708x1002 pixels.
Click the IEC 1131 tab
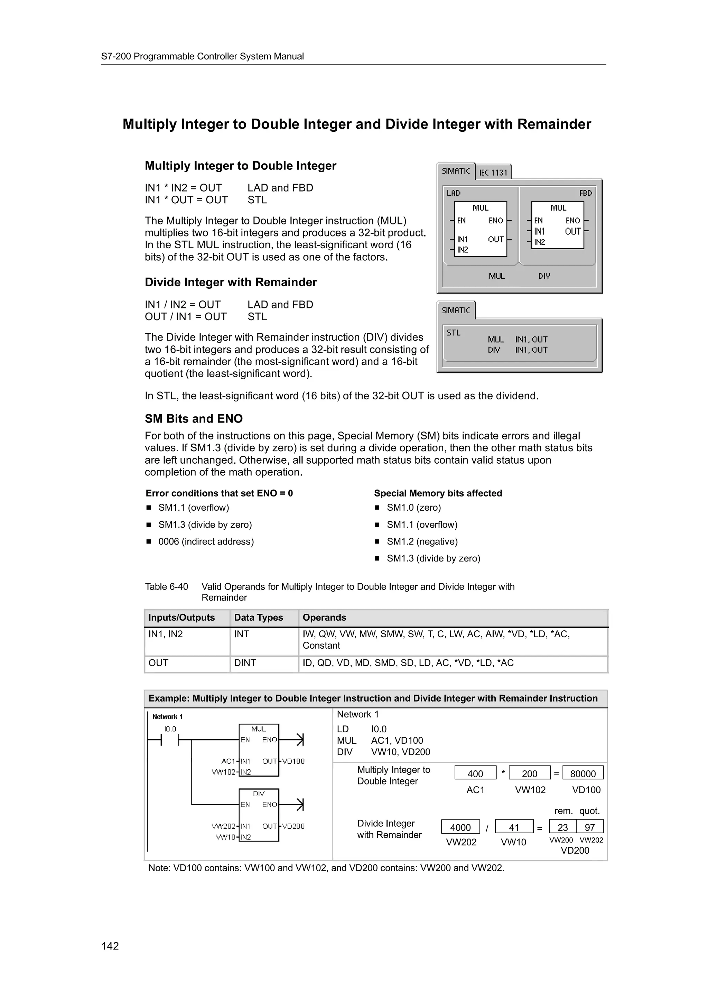pos(493,173)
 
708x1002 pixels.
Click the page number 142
pos(110,946)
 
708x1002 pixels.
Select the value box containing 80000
pos(583,773)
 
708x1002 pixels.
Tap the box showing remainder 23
pos(563,827)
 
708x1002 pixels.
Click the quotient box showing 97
pos(590,827)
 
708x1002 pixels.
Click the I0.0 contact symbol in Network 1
pos(170,740)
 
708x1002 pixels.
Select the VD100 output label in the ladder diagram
pos(293,761)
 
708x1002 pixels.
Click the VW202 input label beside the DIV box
pos(223,826)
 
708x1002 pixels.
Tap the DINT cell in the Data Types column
pos(245,663)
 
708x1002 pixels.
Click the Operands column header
pos(324,618)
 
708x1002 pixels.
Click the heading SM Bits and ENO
pos(194,418)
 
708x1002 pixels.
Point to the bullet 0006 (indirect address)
pos(206,541)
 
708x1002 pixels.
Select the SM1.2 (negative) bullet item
pos(422,541)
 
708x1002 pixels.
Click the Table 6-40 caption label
pos(166,586)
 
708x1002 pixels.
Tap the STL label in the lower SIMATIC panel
pos(453,333)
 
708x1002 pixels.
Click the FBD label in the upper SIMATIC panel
pos(585,193)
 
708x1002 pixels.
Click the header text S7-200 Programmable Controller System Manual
pos(203,56)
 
